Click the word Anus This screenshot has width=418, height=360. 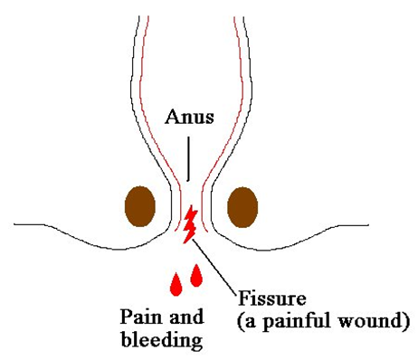pos(189,117)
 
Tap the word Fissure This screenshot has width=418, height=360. pos(272,298)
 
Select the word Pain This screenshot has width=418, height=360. pos(140,317)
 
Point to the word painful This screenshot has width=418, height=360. pos(295,321)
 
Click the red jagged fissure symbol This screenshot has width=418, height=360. pos(191,224)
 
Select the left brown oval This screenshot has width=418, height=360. pos(140,206)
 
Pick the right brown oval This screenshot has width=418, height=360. pos(242,207)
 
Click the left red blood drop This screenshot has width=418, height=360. pos(176,284)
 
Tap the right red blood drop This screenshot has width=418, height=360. pos(196,275)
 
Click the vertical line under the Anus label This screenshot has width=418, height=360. pos(188,159)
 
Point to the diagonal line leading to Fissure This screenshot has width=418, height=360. pos(214,265)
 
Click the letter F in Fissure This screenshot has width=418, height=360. pos(243,298)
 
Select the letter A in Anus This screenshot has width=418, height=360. pos(171,117)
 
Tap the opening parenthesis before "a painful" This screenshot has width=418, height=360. pos(240,321)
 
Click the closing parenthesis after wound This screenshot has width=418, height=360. pos(406,321)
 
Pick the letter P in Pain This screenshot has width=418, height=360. pos(126,317)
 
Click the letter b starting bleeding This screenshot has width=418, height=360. pos(127,338)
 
